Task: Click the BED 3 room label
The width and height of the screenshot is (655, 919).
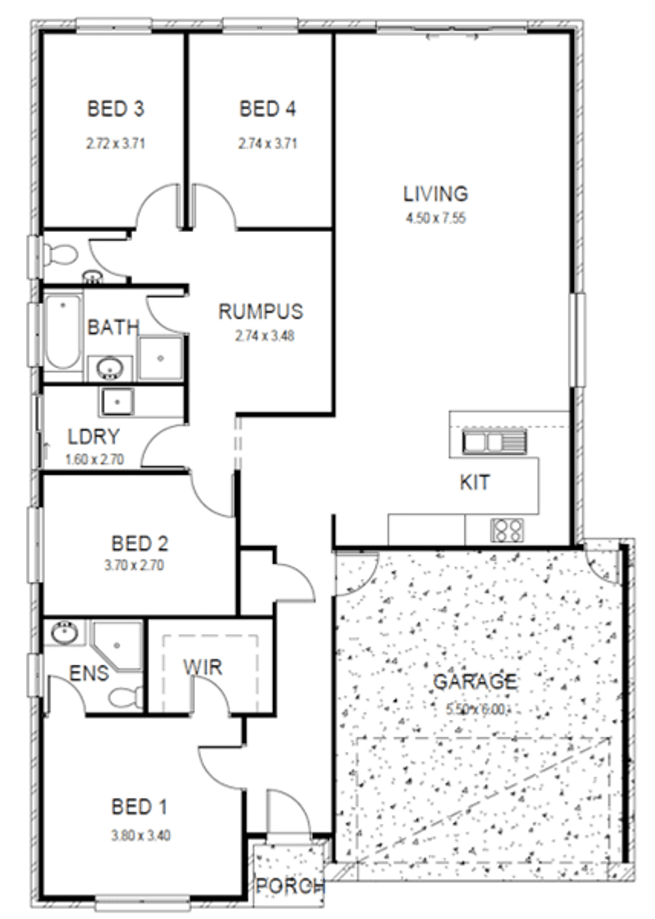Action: tap(115, 109)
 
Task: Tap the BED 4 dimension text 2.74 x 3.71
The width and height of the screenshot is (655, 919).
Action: tap(267, 143)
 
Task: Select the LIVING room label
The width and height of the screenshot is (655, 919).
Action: tap(436, 194)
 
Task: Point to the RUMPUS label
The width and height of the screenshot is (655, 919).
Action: tap(261, 311)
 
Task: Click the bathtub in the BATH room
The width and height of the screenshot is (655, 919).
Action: tap(63, 332)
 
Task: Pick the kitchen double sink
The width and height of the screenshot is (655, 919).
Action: tap(494, 441)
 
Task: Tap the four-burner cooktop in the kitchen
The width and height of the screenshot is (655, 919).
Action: tap(507, 530)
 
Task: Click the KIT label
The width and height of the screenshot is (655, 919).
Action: tap(474, 482)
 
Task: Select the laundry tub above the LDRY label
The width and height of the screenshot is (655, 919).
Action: tap(117, 401)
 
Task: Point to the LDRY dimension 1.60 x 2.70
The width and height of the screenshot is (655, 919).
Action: tap(94, 459)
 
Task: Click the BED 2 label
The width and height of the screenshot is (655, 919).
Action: tap(140, 543)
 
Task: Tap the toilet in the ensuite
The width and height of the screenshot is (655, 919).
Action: tap(125, 696)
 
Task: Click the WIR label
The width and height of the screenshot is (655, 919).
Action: tap(202, 668)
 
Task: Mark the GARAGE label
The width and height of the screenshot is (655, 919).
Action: tap(475, 682)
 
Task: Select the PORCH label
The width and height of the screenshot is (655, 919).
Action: tap(290, 886)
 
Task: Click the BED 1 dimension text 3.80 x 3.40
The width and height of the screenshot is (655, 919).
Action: tap(141, 835)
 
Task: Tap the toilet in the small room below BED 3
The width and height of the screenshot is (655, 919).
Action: tap(60, 254)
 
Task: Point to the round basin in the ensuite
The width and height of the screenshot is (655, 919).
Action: tap(65, 633)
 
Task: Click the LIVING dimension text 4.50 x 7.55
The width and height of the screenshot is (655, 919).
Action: tap(436, 218)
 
